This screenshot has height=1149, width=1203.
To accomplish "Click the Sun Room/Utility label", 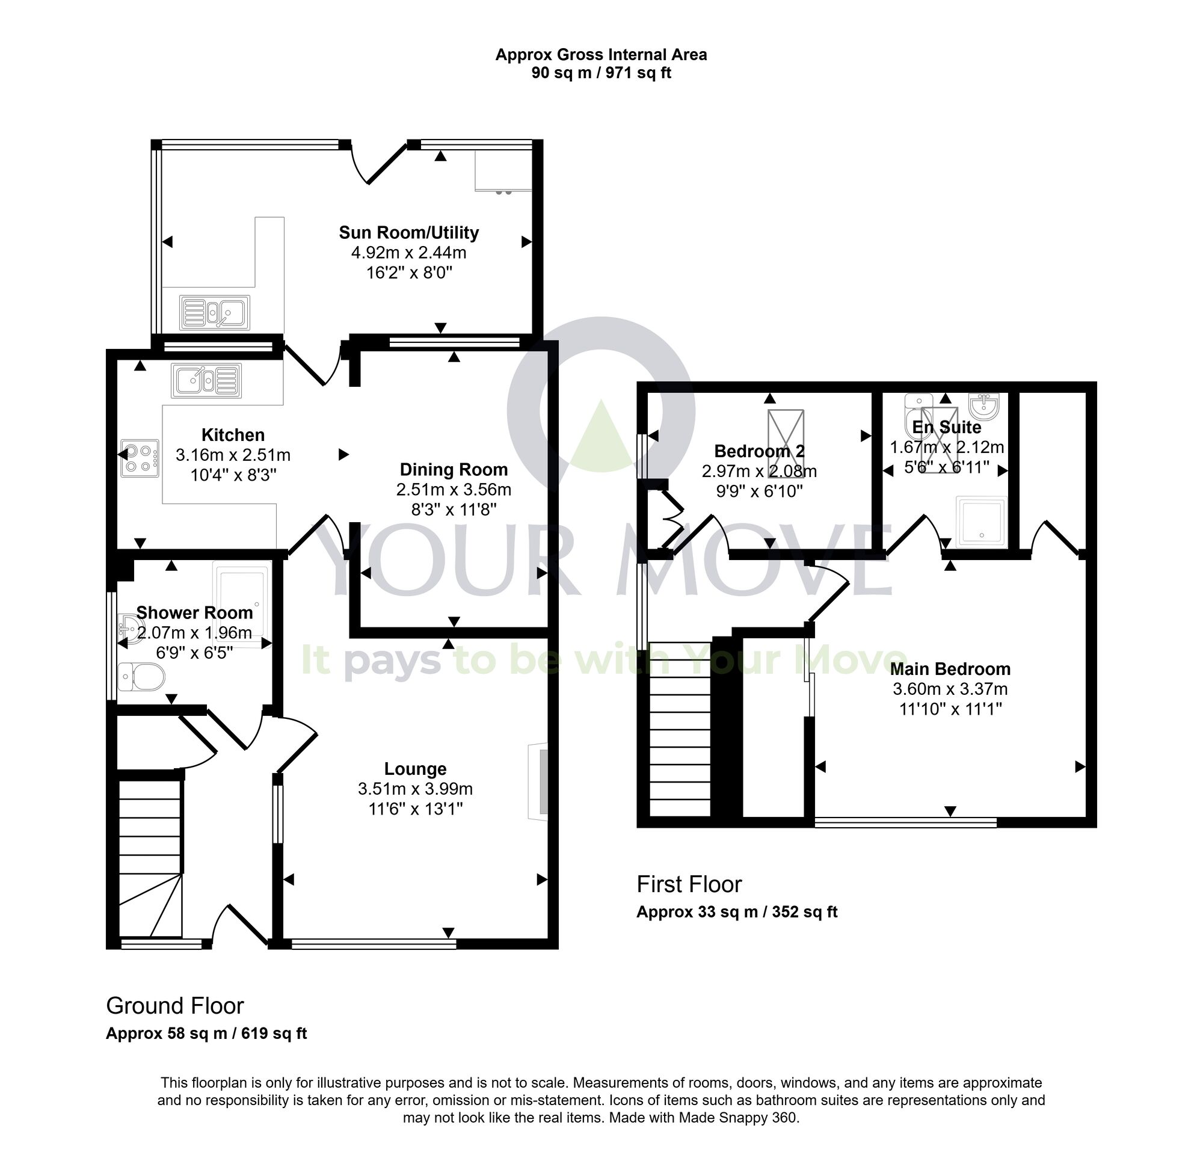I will [408, 233].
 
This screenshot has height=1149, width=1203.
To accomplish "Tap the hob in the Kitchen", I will [140, 458].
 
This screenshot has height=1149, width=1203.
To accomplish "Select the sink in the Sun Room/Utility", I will [214, 312].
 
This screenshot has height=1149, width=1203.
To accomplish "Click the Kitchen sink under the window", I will [206, 380].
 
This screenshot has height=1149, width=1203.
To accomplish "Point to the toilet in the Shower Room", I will [141, 677].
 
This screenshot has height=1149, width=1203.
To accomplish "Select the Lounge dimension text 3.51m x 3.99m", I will [415, 789].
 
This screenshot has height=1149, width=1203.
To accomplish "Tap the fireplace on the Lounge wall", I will [538, 781].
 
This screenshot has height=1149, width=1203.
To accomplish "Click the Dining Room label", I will [454, 470].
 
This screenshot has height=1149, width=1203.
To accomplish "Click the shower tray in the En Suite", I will [982, 522].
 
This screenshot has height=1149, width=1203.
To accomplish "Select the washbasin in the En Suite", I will [983, 404].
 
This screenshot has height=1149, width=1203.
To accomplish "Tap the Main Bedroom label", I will [949, 669].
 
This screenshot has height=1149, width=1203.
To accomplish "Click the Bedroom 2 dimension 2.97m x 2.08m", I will [759, 471].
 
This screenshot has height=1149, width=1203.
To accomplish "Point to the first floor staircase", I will [679, 729].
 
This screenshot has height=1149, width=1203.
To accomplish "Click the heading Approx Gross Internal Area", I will [601, 55].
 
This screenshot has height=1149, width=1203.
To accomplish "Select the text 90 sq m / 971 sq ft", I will [601, 73].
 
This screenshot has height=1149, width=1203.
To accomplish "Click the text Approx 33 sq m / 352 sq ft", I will [736, 912].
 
